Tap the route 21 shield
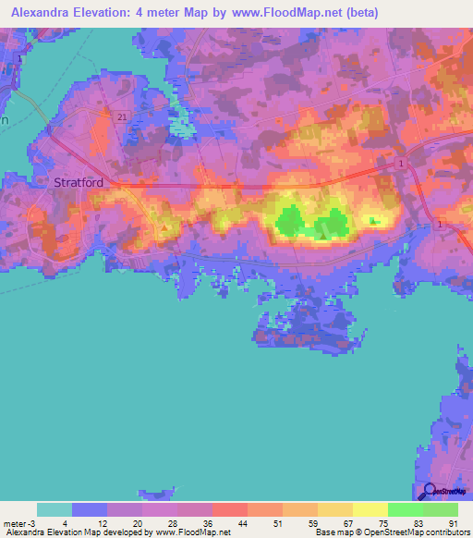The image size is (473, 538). coord(122,117)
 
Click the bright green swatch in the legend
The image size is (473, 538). coord(405,510)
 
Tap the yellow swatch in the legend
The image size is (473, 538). coord(370,510)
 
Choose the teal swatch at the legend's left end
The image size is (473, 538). coord(55,510)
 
